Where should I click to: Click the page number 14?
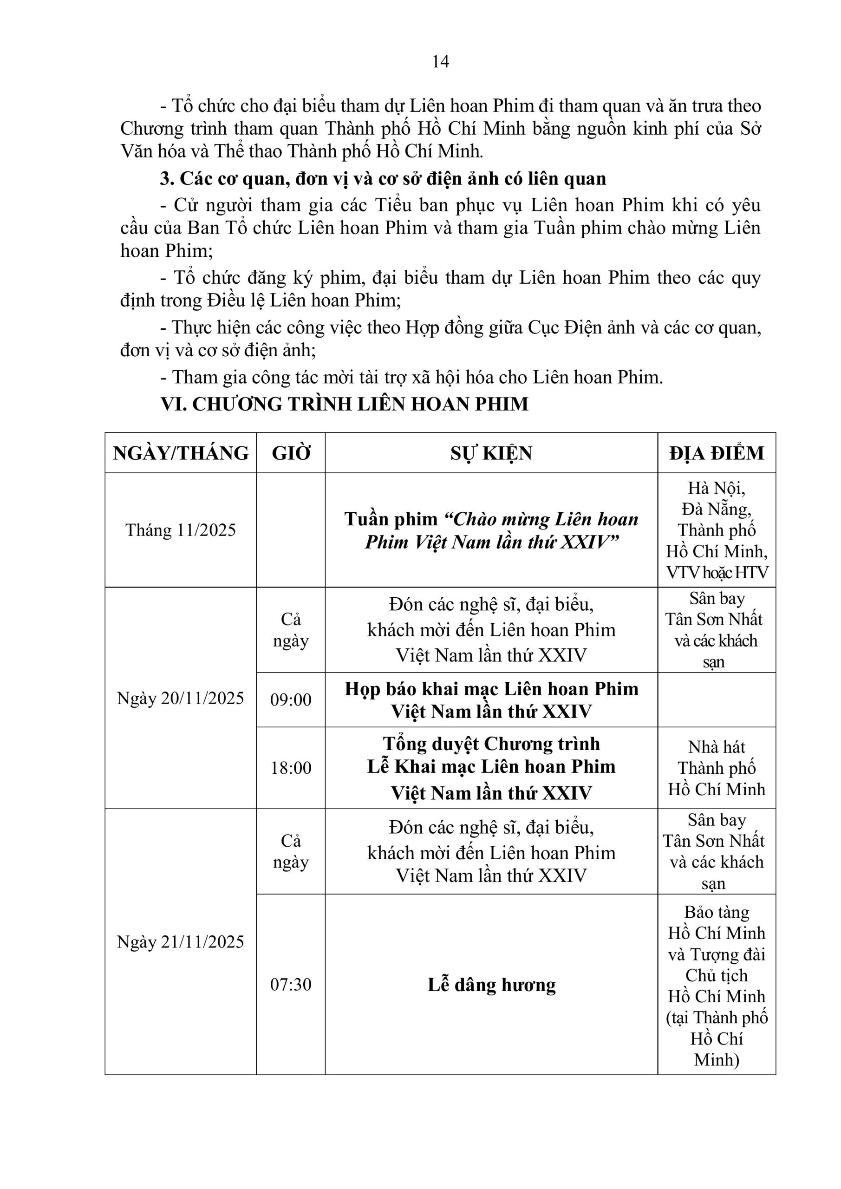(x=440, y=62)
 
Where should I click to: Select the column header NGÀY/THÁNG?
(x=181, y=453)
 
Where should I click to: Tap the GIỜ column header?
(x=291, y=453)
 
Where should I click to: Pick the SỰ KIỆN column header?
(x=491, y=453)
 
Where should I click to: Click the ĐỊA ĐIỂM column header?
(x=716, y=453)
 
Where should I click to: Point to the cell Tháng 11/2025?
(x=181, y=530)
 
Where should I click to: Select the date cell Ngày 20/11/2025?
(x=181, y=698)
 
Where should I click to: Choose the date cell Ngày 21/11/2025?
(x=181, y=941)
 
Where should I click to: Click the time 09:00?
(x=291, y=699)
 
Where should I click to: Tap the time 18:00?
(x=291, y=767)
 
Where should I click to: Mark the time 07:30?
(x=291, y=984)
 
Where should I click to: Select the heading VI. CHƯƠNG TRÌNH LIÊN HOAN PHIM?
(x=345, y=404)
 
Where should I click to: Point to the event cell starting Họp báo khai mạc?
(x=491, y=699)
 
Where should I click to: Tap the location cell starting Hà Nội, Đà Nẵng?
(x=716, y=530)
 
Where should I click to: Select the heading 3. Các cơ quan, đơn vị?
(x=383, y=179)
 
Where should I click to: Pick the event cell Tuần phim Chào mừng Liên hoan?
(x=491, y=530)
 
